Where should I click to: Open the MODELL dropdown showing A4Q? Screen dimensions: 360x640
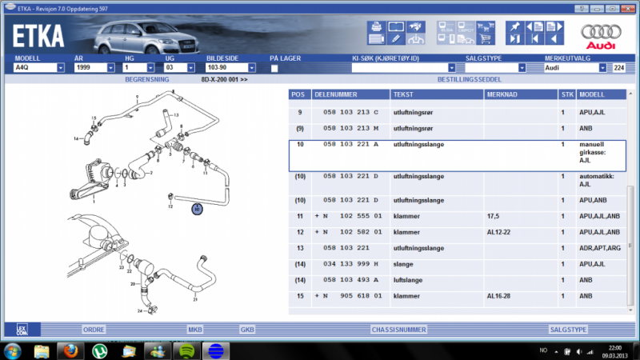[61, 68]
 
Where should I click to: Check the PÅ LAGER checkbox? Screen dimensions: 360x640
[274, 69]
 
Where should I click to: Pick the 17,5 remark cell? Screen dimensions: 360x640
[494, 216]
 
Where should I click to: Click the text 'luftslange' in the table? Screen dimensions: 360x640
[409, 280]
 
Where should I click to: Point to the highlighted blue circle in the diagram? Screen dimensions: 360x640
[197, 209]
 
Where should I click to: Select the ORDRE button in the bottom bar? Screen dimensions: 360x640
[94, 329]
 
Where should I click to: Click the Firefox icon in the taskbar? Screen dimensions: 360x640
[70, 350]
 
